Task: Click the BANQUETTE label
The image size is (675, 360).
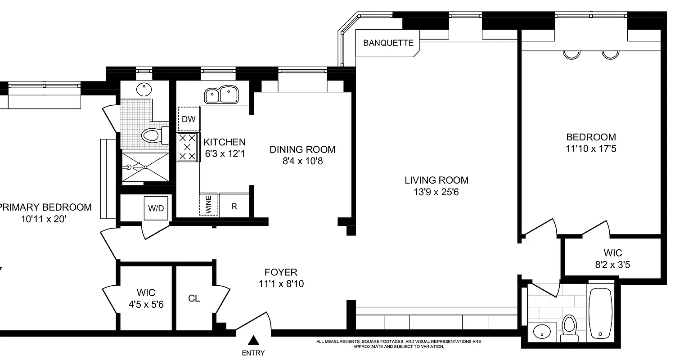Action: coord(388,43)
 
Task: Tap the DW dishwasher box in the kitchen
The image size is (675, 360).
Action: coord(189,119)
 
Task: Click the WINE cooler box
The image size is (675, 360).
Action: coord(208,204)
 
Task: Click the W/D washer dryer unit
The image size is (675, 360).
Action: coord(156,208)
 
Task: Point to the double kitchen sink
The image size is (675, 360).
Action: coord(222,95)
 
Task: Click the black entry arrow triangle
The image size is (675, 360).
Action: coord(254,340)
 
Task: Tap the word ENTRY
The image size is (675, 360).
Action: coord(253,353)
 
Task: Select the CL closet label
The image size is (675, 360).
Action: coord(194,298)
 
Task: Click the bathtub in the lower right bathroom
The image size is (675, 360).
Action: coord(600,312)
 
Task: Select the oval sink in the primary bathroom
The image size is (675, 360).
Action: coord(144,89)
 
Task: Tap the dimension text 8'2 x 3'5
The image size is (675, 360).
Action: coord(612,265)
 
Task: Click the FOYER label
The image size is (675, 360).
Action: coord(280,272)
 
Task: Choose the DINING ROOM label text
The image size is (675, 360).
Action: coord(302,149)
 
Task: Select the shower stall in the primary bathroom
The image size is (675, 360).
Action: coord(144,166)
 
